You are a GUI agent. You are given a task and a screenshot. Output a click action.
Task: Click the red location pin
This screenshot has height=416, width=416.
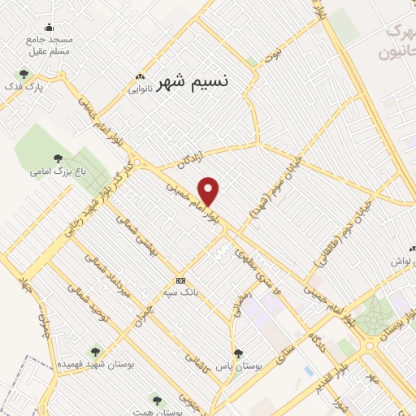click(x=209, y=191)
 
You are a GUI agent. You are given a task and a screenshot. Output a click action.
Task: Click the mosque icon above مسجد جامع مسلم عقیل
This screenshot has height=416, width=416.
click(x=50, y=27)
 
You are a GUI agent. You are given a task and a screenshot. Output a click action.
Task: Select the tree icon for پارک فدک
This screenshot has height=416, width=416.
click(x=24, y=74)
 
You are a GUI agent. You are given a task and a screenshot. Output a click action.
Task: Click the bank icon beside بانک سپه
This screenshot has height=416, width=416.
click(x=180, y=279)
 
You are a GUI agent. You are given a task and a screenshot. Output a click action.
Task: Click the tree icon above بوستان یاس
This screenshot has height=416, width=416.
click(x=238, y=353)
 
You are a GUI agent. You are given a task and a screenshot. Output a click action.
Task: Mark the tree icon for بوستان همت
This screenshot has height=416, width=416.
click(x=157, y=401)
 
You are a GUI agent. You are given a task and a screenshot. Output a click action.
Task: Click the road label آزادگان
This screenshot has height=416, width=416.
click(x=195, y=158)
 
